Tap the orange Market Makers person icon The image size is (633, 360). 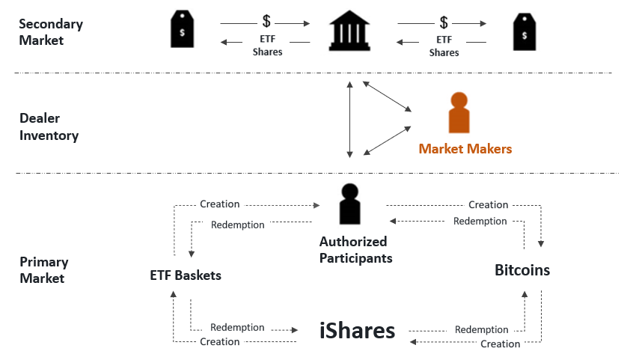point(458,113)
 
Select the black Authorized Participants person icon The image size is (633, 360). point(350,204)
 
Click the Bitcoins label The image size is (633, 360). point(522,270)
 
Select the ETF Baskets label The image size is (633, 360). point(186,275)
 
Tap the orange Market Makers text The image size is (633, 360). point(465,149)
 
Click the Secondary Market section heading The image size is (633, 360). point(51,32)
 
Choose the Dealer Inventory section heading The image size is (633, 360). point(49,126)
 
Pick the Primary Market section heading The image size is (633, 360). point(44,270)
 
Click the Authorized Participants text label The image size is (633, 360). point(353,250)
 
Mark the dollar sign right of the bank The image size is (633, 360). point(444,22)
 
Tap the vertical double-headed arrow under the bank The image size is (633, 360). point(349,120)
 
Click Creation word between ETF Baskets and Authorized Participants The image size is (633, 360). point(220,204)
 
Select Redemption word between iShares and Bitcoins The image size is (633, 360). point(481,330)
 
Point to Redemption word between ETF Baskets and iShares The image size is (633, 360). point(237,328)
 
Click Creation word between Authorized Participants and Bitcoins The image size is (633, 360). point(488,205)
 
